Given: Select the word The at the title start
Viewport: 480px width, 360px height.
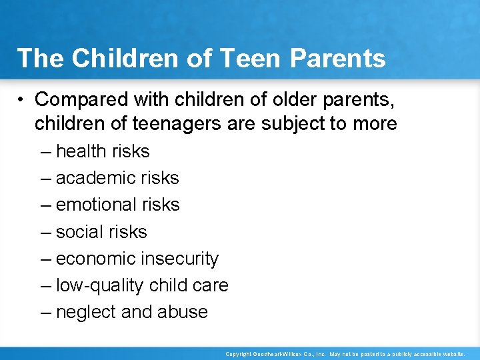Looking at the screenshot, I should (41, 58).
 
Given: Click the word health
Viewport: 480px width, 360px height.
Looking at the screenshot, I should (81, 151).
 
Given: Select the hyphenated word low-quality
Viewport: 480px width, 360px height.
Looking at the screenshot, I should (99, 285).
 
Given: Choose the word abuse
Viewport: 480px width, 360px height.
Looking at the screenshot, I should (183, 312).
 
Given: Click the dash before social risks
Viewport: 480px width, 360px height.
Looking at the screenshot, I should (45, 232).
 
